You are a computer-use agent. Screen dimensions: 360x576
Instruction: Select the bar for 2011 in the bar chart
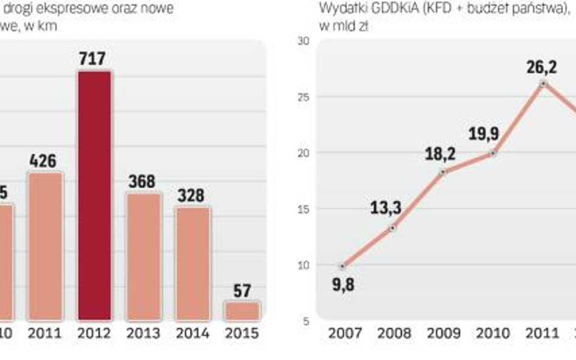(46, 246)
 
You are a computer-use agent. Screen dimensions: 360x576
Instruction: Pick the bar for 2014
(193, 263)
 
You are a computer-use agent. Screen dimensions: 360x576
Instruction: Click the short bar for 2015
(242, 310)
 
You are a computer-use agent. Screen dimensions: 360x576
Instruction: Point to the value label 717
(93, 59)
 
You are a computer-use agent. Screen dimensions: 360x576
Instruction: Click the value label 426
(44, 161)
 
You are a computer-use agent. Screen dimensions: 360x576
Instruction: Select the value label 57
(242, 291)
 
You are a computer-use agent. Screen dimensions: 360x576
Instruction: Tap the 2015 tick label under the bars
(242, 333)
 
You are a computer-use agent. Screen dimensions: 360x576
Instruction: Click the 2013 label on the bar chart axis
(143, 333)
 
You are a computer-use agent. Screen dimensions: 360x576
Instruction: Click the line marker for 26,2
(543, 84)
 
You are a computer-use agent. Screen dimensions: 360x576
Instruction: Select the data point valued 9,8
(343, 266)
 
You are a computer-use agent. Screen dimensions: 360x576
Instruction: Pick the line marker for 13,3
(393, 228)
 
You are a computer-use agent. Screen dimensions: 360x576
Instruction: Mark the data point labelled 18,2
(443, 172)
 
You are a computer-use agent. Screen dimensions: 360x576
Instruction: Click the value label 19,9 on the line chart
(484, 134)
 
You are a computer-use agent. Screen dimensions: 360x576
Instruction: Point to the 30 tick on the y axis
(303, 41)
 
